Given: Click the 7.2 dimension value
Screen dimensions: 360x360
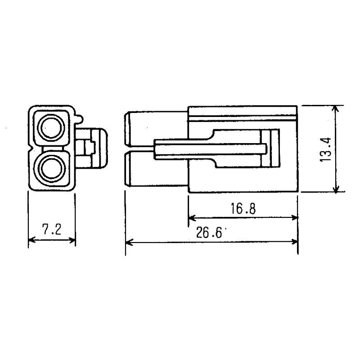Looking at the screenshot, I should pos(51,230).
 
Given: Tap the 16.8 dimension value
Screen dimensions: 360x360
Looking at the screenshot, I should pos(243,208).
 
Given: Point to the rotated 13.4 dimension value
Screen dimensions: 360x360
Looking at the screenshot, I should pos(327,149).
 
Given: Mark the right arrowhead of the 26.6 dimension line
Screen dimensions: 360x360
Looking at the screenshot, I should pos(295,243).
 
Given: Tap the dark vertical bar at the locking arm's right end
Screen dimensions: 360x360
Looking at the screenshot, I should pos(273,149).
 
